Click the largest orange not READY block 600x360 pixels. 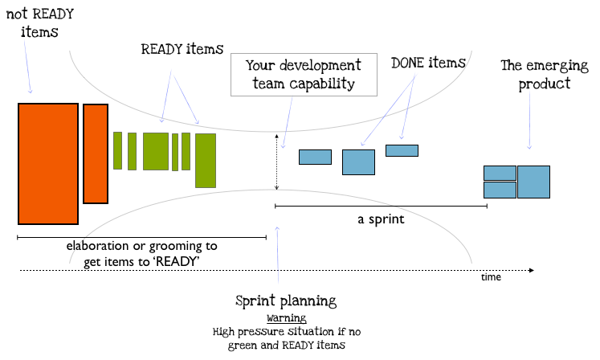click(48, 164)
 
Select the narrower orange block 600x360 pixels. click(96, 153)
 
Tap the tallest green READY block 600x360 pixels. click(206, 161)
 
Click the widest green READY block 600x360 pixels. click(156, 151)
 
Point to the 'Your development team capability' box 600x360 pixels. click(304, 75)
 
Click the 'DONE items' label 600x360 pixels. click(428, 63)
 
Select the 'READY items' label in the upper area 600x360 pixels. click(182, 49)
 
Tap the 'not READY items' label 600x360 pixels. click(40, 22)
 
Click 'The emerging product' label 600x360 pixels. click(545, 75)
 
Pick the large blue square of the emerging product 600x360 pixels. click(534, 182)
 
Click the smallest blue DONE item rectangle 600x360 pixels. click(402, 150)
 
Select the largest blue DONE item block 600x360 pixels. click(358, 162)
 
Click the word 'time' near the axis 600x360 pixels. click(491, 277)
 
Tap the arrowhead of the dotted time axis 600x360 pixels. click(532, 270)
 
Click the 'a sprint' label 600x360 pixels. click(381, 219)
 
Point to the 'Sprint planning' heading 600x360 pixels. click(286, 301)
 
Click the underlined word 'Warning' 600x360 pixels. click(287, 318)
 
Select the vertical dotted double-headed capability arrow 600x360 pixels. click(276, 162)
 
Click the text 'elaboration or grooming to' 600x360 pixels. click(142, 246)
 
